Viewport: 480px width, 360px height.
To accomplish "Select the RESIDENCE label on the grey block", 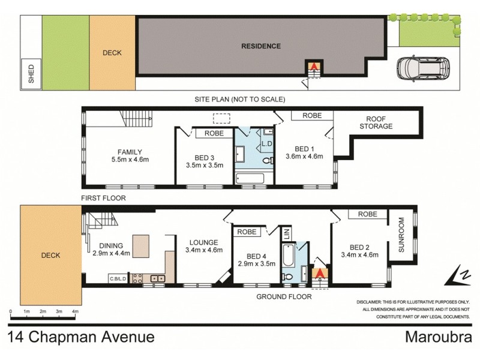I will [260, 46].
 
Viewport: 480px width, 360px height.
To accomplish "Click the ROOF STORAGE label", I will [376, 122].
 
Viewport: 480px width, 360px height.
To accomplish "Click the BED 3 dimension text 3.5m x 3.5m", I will [204, 164].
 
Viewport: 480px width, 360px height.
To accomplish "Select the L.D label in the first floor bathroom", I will [266, 144].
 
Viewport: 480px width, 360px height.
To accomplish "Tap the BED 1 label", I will [305, 148].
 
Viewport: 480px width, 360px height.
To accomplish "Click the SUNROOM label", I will [400, 240].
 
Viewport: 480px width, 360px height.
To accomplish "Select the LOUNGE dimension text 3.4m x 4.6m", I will [204, 250].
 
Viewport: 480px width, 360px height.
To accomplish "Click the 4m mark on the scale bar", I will [75, 313].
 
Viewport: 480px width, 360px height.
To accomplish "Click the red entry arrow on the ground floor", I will [320, 274].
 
